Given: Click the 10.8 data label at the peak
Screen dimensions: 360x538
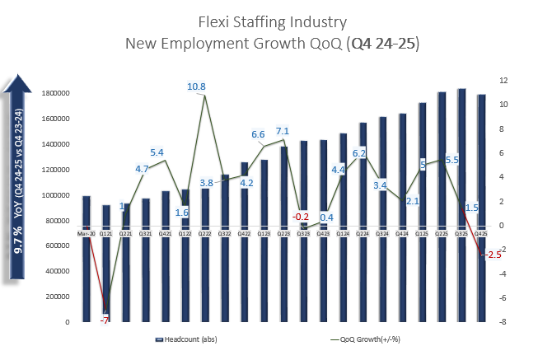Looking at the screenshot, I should (197, 86).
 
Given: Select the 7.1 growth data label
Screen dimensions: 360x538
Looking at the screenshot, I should (283, 131).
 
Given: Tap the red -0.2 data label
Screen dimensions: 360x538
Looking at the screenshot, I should (302, 217).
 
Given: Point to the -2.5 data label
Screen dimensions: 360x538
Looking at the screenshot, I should (491, 255).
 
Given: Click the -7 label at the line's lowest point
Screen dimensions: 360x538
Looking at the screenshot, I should (105, 320).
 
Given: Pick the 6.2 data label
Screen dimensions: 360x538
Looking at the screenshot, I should (359, 153).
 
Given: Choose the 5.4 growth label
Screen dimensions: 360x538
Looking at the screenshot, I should (157, 152).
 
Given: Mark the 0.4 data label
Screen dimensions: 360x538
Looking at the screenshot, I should (326, 217).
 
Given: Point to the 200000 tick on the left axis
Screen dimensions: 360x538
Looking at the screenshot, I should (54, 297).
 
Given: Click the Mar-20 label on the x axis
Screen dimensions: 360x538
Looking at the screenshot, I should (86, 233).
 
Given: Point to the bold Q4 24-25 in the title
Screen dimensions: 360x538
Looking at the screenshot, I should (382, 43).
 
